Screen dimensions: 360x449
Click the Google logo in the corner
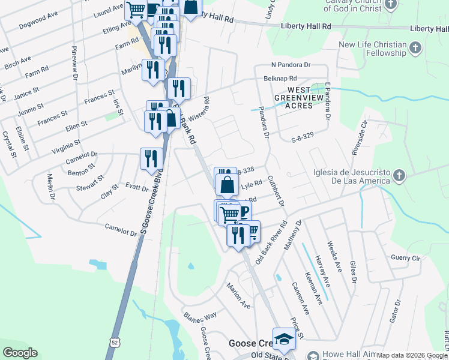pos(20,353)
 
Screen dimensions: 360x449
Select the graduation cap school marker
pos(283,338)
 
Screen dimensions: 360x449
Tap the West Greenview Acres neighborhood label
pos(294,98)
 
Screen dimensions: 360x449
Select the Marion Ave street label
pos(238,296)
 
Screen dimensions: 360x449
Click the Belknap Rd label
pos(280,79)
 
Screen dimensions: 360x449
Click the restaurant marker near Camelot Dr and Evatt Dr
pos(151,158)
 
